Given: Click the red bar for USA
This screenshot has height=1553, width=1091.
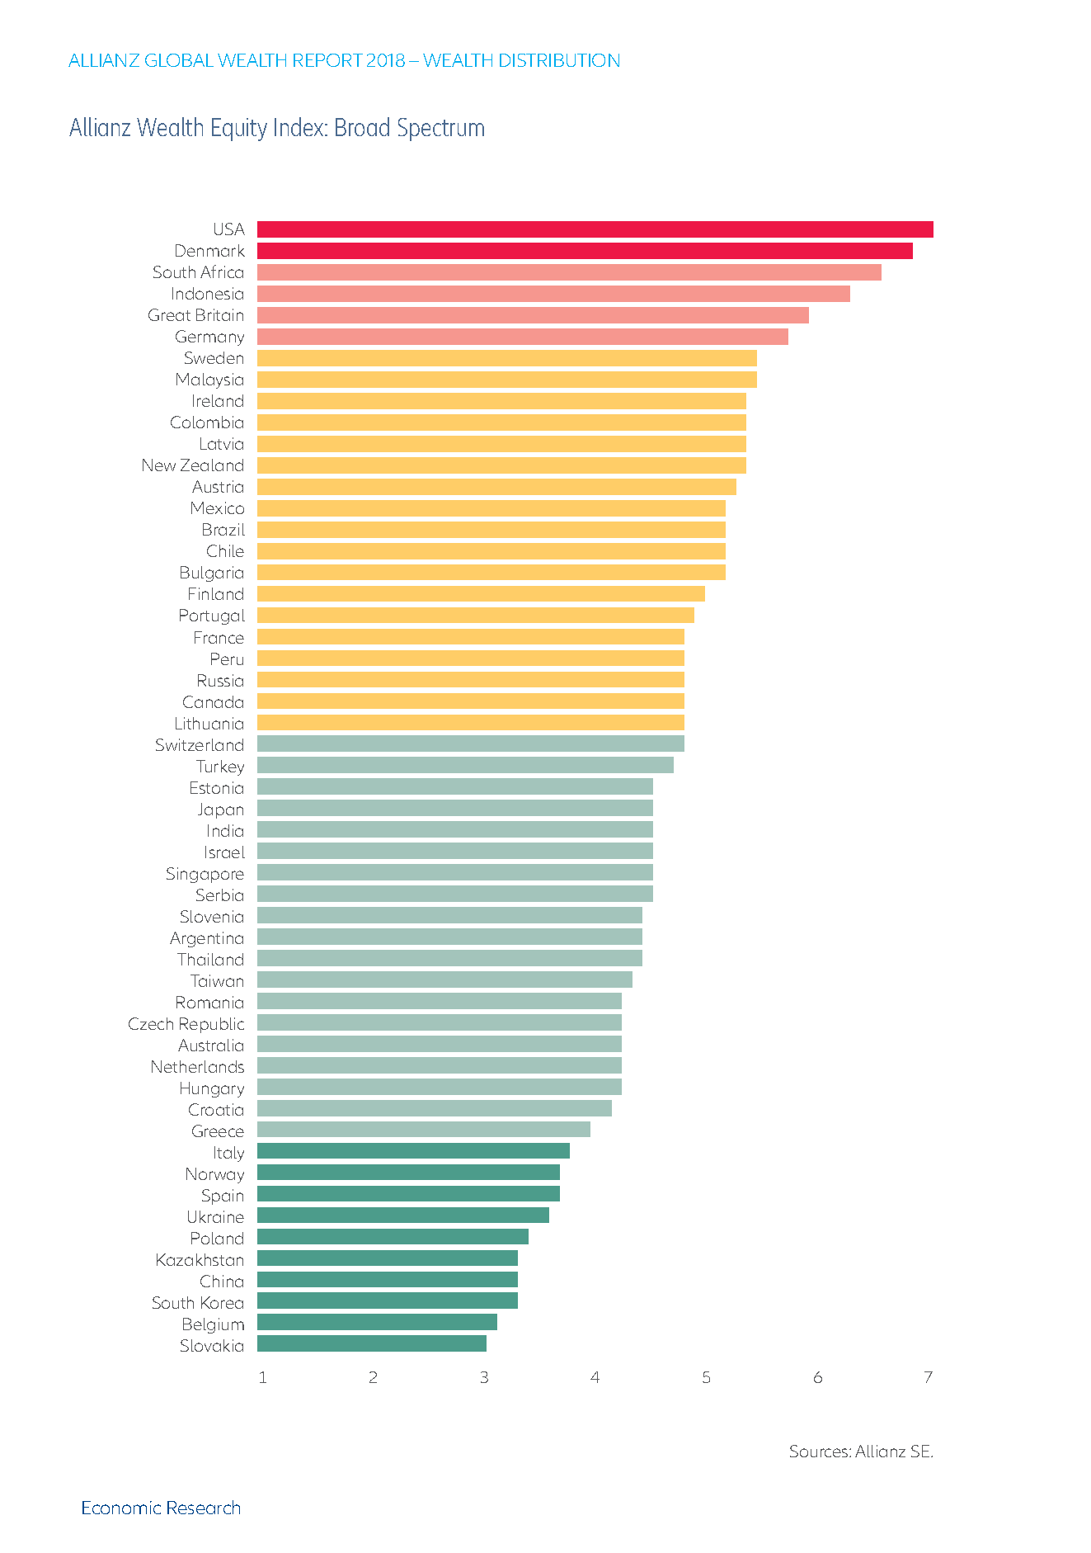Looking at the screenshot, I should point(595,229).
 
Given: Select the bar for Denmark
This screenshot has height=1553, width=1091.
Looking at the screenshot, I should point(585,251).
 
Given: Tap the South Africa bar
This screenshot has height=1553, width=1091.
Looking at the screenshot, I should point(569,272).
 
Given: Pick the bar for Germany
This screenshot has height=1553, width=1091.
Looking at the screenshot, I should point(522,337).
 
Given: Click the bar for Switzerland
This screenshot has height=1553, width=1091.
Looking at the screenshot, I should point(470,744).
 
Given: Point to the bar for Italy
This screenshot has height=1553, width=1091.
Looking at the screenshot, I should point(413,1151).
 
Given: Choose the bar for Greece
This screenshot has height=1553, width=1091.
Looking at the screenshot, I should point(423,1130).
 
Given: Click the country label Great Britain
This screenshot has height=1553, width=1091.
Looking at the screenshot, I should point(196,315).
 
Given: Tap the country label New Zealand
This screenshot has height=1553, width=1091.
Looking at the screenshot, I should point(193,465).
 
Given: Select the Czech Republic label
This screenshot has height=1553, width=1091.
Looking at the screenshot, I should point(186,1024).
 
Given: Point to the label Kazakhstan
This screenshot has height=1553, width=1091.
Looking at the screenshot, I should point(200,1260).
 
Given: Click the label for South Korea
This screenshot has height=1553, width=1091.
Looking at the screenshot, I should point(198,1303).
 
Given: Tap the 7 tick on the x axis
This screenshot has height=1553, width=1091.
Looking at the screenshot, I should point(929,1377).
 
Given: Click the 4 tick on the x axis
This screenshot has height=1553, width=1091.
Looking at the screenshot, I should point(595,1377).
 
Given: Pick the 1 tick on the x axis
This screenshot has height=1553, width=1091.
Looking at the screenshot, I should point(262,1377).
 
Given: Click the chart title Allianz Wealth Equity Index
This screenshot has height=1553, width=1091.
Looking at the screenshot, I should point(277,129).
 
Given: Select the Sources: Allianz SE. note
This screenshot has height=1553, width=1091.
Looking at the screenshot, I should point(861,1452).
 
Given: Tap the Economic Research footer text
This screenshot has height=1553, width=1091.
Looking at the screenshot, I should point(161,1508).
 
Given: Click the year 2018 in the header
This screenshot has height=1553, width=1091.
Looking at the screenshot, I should point(386,61).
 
